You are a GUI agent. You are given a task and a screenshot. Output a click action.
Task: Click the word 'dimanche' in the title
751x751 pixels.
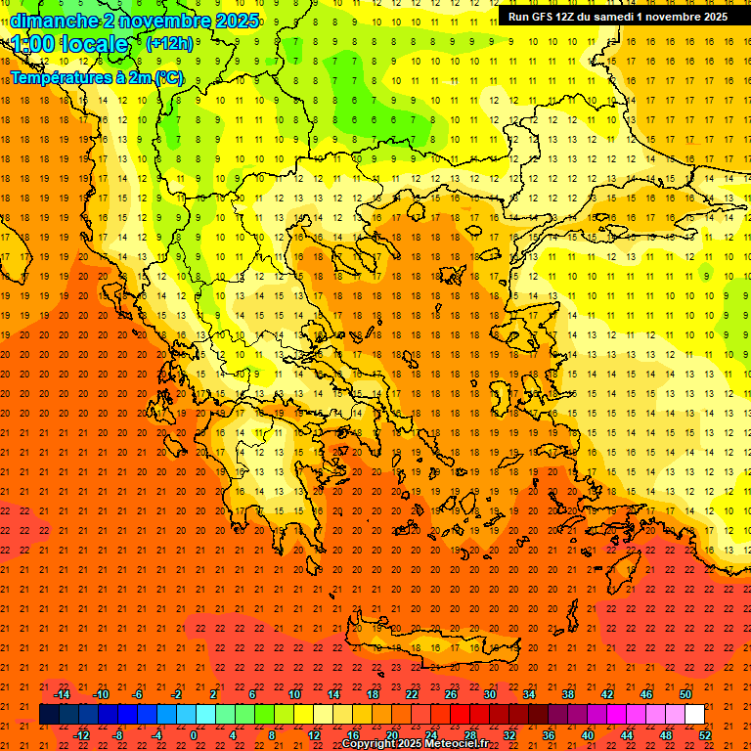click(x=54, y=21)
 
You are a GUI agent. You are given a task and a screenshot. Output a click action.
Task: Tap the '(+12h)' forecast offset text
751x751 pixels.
click(x=169, y=44)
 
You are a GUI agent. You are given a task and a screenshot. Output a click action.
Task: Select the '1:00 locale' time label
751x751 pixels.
click(x=70, y=44)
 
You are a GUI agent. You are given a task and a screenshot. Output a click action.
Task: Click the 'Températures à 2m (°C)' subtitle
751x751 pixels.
click(x=96, y=77)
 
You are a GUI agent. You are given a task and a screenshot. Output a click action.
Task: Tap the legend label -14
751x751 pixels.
click(x=62, y=694)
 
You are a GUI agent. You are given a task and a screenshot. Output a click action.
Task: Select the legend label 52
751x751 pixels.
click(x=705, y=735)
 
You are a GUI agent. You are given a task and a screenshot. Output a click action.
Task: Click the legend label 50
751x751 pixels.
click(x=685, y=694)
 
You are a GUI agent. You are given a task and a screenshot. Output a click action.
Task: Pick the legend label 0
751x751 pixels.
click(x=194, y=735)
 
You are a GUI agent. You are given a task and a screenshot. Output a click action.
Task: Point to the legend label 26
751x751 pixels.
click(x=451, y=694)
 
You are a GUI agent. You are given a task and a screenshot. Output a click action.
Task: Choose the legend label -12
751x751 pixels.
click(x=81, y=735)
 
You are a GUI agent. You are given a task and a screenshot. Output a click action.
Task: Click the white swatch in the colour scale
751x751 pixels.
click(x=695, y=714)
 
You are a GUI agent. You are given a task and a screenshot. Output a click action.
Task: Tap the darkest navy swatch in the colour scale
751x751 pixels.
click(x=50, y=714)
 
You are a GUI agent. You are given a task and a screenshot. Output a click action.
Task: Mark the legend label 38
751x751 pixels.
click(x=568, y=694)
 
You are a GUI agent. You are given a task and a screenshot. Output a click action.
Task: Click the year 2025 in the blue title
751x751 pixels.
click(x=237, y=21)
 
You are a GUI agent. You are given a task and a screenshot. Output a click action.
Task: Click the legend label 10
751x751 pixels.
click(x=293, y=694)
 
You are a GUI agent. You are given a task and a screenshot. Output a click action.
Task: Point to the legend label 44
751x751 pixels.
click(x=627, y=735)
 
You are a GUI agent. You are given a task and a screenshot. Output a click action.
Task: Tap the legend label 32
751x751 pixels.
click(x=508, y=735)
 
